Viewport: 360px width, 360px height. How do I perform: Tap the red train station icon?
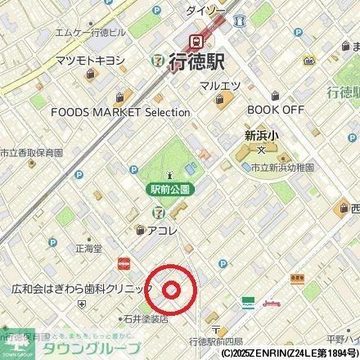[196, 40]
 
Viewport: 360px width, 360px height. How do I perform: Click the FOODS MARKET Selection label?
[131, 112]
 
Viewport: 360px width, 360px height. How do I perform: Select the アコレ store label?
[163, 232]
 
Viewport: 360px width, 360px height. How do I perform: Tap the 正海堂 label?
[88, 246]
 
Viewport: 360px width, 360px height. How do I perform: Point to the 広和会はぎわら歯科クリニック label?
[82, 290]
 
